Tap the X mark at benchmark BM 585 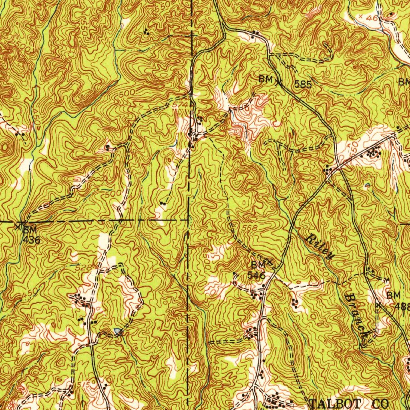tap(279, 83)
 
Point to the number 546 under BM tap(256, 275)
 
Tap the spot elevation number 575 tap(86, 384)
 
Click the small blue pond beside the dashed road tap(117, 331)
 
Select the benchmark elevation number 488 tap(402, 306)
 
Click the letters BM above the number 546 tap(258, 265)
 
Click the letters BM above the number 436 tap(30, 229)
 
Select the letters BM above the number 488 tap(393, 295)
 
